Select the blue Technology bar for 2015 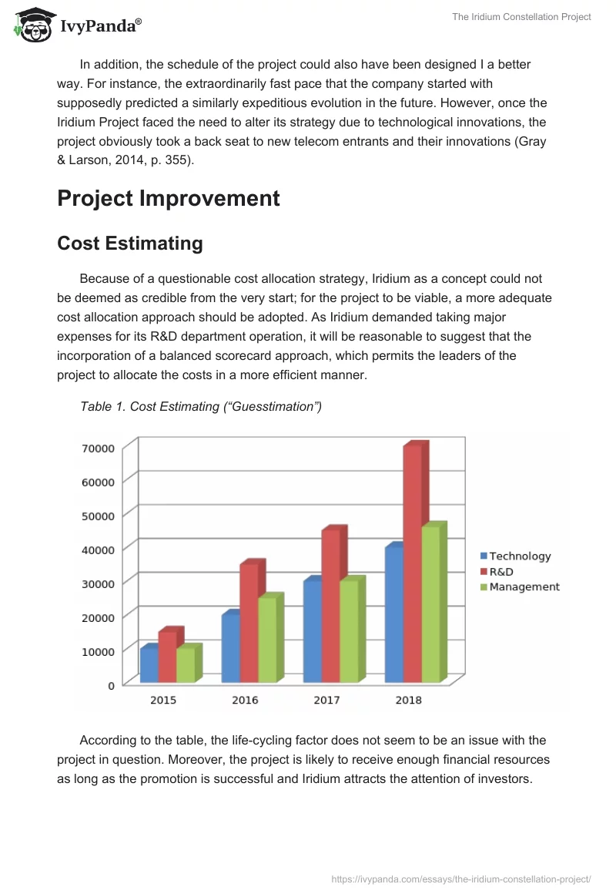coord(149,665)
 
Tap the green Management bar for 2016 coord(267,640)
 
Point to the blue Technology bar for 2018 coord(393,614)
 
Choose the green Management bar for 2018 coord(430,604)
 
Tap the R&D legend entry coord(501,571)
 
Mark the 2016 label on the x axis coord(245,700)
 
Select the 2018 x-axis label coord(408,700)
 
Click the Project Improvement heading coord(169,198)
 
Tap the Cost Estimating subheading coord(130,244)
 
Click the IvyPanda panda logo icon coord(33,25)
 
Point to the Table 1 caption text coord(201,406)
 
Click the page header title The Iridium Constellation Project coord(521,17)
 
